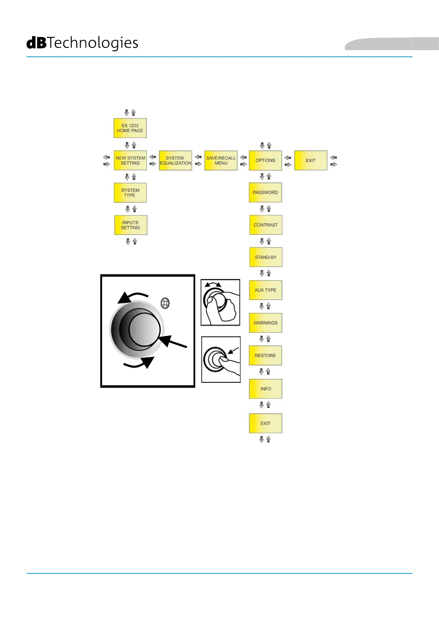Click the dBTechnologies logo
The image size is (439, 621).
click(x=82, y=43)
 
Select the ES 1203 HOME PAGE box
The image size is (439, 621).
click(x=130, y=128)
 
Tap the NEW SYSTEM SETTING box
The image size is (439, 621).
click(x=130, y=160)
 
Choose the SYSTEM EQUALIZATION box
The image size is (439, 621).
click(x=175, y=160)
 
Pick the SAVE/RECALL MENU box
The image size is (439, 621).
click(x=221, y=160)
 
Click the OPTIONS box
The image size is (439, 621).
click(x=265, y=160)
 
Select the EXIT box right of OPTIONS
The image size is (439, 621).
click(x=311, y=160)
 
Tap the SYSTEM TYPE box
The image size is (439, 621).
click(x=130, y=192)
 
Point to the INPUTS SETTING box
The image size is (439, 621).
click(x=130, y=225)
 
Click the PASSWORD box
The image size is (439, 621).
click(x=265, y=192)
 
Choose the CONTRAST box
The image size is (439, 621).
click(x=266, y=225)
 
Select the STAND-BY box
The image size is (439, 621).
click(x=266, y=257)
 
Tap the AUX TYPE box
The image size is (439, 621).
click(x=265, y=290)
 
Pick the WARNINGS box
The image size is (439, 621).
click(x=265, y=323)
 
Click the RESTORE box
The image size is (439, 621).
click(x=265, y=355)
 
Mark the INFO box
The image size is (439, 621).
click(x=265, y=389)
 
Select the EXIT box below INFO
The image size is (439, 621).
click(x=265, y=423)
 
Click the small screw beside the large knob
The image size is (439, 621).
click(x=165, y=303)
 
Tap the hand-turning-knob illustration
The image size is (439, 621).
click(x=220, y=302)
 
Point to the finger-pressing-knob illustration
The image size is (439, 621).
click(x=221, y=359)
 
